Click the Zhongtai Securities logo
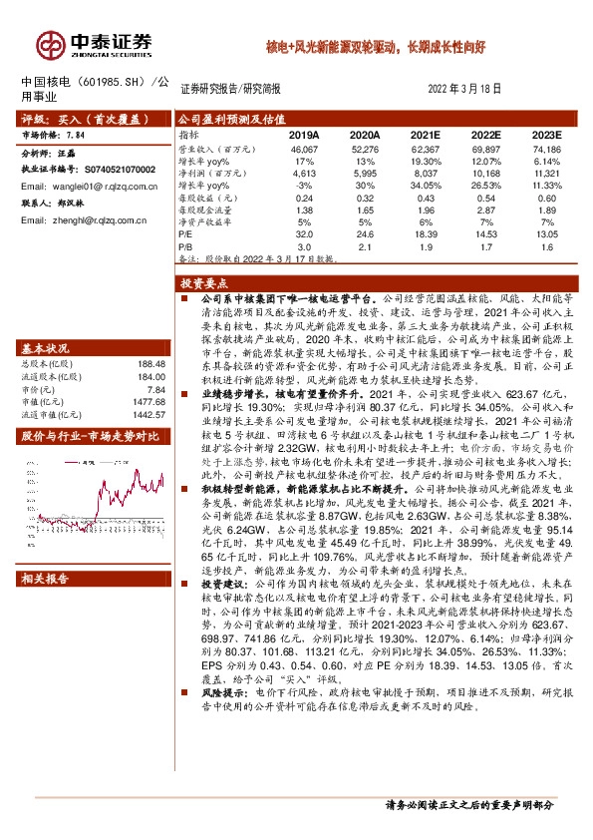click(96, 45)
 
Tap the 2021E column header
click(425, 134)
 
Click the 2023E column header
click(546, 134)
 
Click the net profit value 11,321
click(546, 172)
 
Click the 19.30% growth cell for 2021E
click(426, 160)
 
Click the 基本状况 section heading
click(45, 348)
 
